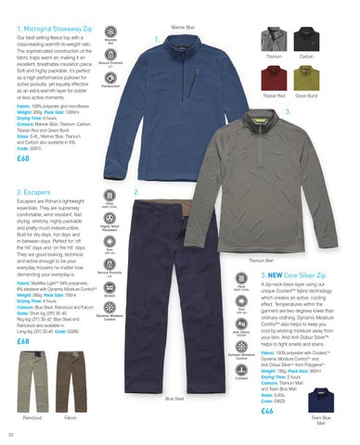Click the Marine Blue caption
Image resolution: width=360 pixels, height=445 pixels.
tap(209, 28)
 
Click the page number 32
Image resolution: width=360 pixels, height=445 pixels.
tap(10, 432)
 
